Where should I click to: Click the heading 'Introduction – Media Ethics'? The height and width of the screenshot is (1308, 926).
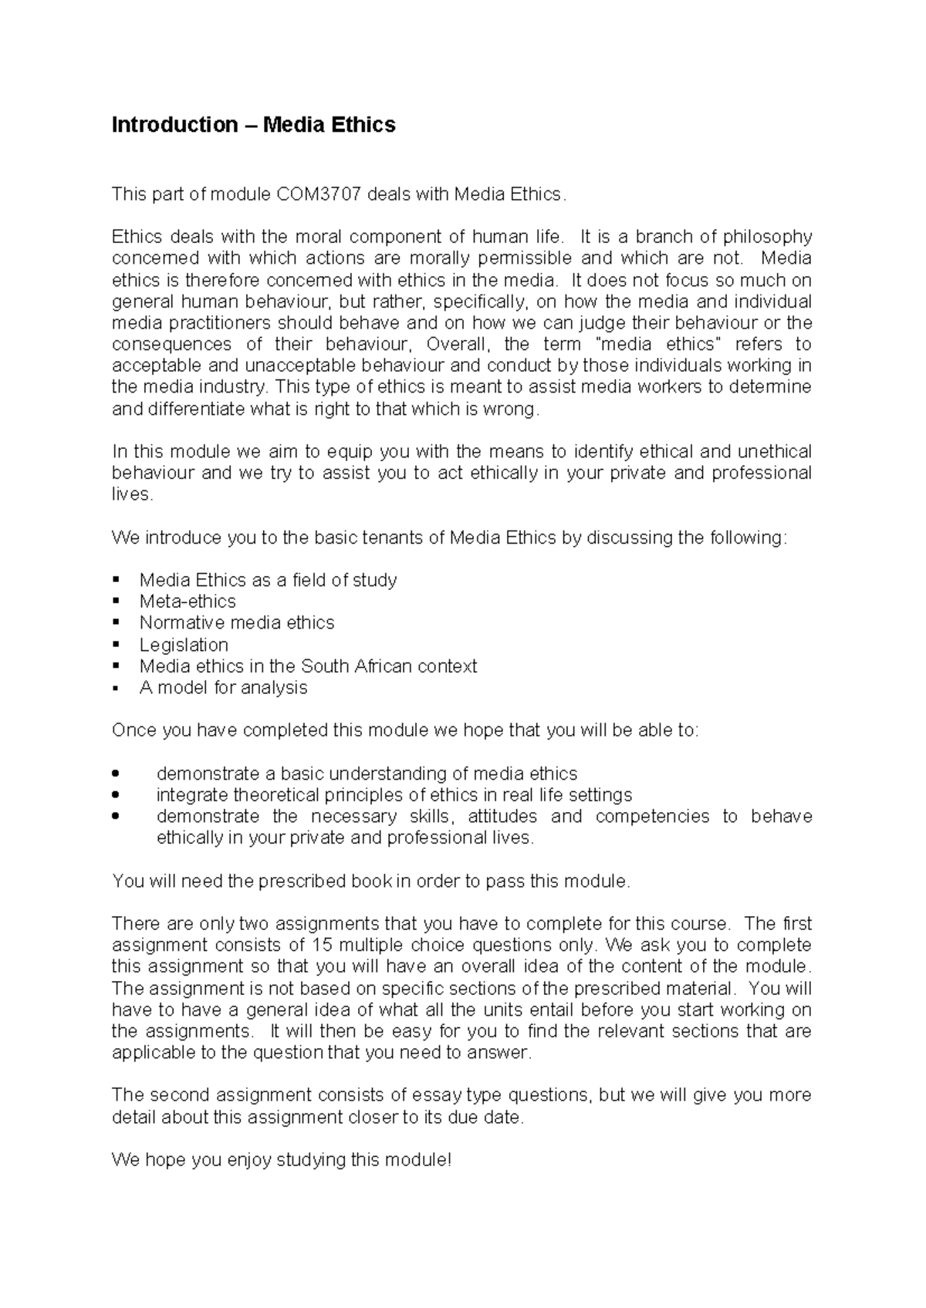click(x=253, y=125)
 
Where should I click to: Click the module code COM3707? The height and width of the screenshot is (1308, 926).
click(x=319, y=194)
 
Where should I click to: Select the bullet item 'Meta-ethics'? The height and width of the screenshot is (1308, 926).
click(x=188, y=602)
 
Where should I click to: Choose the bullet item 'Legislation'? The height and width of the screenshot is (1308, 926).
click(x=184, y=645)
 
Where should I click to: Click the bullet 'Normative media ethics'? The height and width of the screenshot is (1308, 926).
click(x=237, y=623)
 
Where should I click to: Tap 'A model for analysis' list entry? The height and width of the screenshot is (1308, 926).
click(x=223, y=688)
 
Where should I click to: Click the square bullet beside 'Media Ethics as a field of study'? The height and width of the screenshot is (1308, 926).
click(x=117, y=580)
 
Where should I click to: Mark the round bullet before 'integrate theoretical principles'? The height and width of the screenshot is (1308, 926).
click(x=117, y=795)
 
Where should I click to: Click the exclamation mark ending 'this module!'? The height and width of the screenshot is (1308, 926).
click(x=448, y=1160)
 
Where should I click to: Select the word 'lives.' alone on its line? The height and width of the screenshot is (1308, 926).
click(x=133, y=494)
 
